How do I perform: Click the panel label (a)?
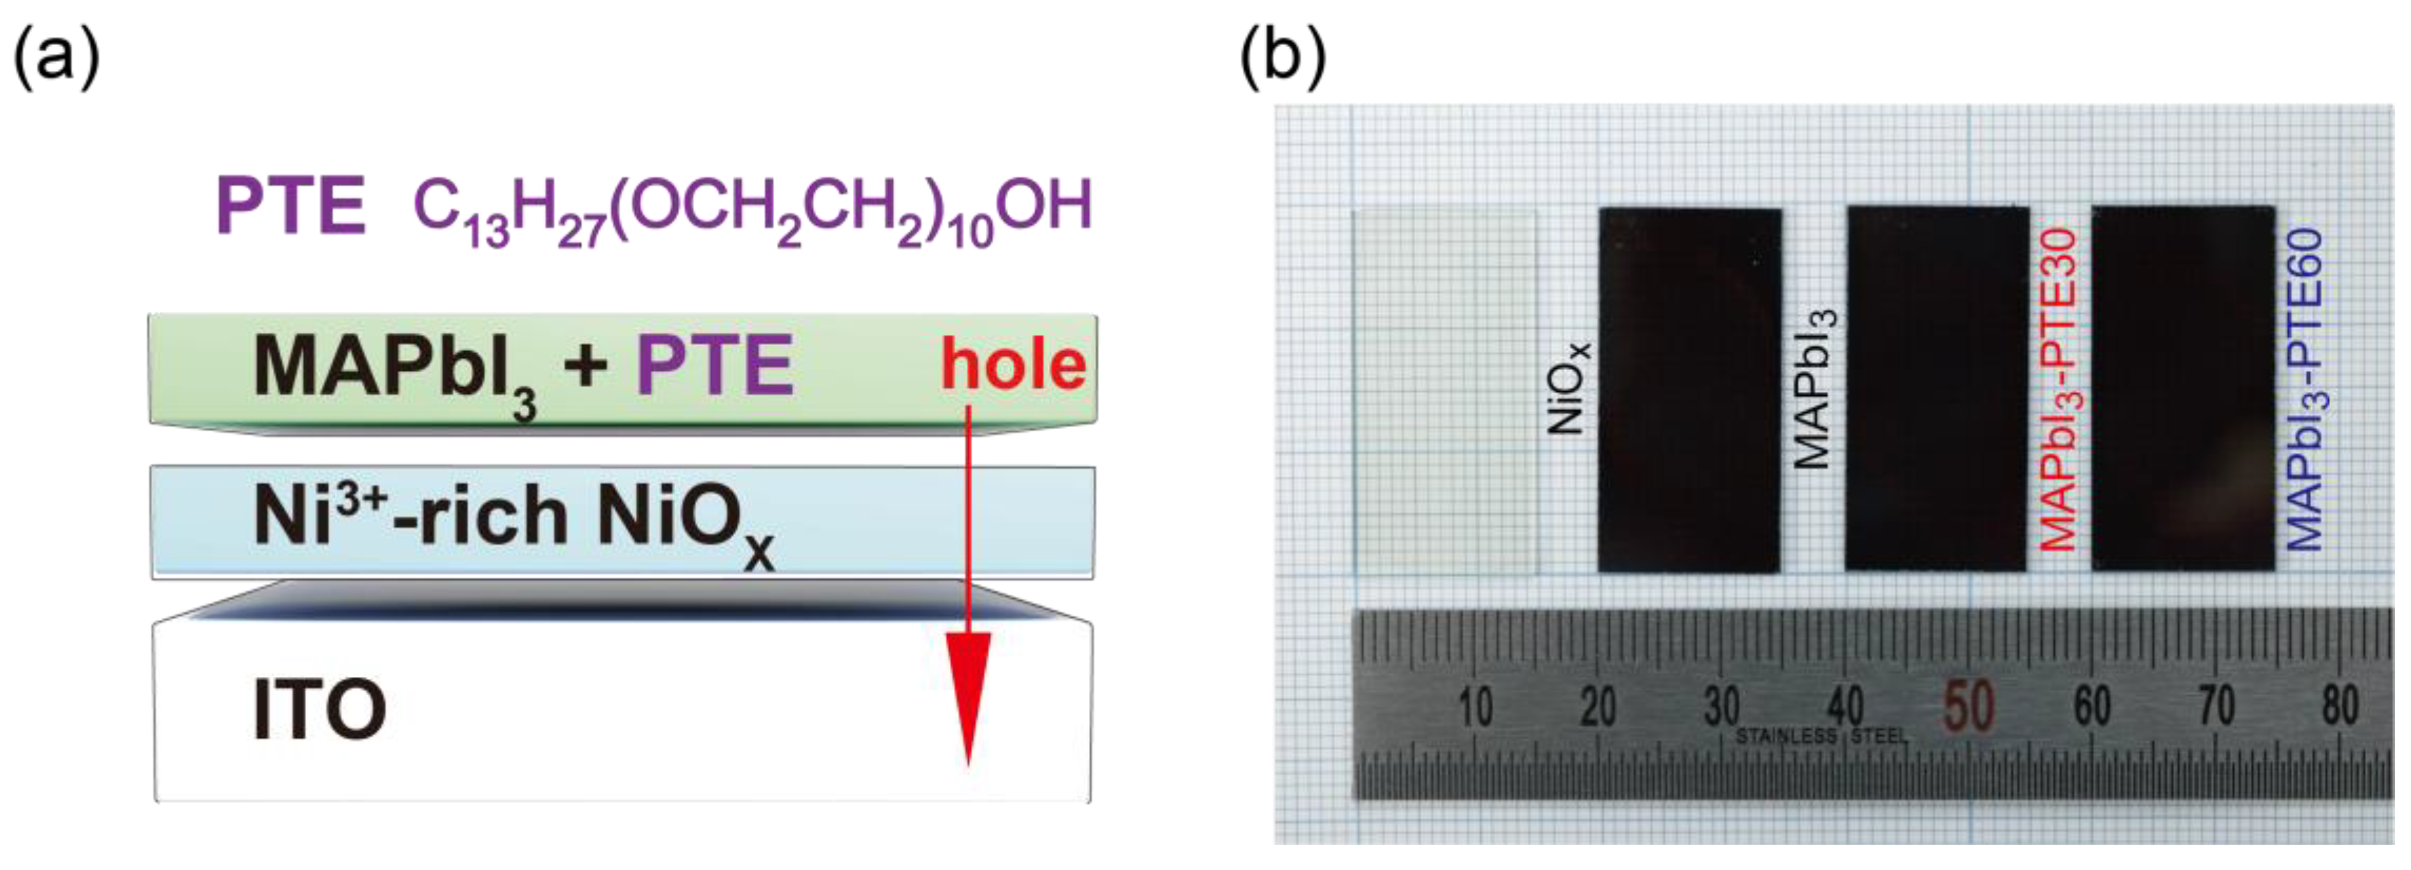[55, 58]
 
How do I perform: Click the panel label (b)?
[1281, 58]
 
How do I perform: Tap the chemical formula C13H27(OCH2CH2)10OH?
[752, 211]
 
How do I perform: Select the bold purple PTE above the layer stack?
[290, 206]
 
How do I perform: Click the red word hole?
[1013, 365]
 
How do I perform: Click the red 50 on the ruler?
[1968, 706]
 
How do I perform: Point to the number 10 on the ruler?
[1475, 706]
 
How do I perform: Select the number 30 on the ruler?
[1722, 706]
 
